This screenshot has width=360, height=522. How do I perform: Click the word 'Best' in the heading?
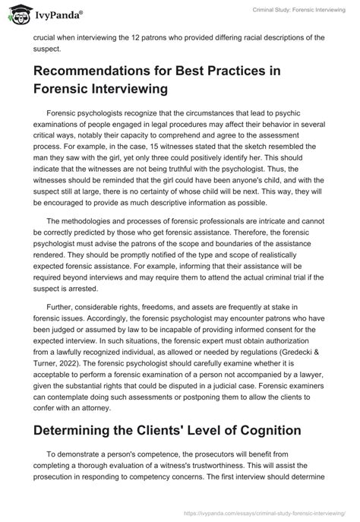pos(219,71)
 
